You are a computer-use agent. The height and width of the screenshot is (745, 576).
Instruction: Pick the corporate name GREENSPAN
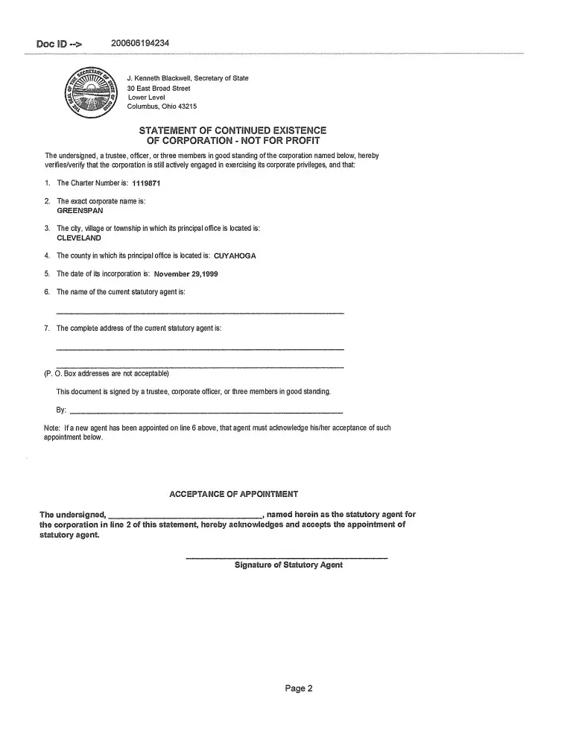pyautogui.click(x=80, y=211)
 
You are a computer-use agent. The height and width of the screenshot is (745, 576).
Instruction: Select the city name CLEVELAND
pyautogui.click(x=79, y=238)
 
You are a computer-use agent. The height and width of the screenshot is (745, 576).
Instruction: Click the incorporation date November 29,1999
pyautogui.click(x=186, y=273)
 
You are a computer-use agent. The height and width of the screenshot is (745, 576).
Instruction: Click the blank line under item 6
pyautogui.click(x=200, y=311)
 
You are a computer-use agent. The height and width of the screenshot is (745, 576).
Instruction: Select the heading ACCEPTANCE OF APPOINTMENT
pyautogui.click(x=234, y=494)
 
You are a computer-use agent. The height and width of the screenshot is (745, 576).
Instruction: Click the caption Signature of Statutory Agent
pyautogui.click(x=288, y=565)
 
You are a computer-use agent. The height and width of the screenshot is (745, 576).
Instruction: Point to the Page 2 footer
pyautogui.click(x=299, y=688)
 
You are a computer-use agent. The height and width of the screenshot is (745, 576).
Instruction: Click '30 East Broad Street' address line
pyautogui.click(x=159, y=88)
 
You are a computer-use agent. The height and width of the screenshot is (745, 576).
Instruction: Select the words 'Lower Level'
pyautogui.click(x=146, y=98)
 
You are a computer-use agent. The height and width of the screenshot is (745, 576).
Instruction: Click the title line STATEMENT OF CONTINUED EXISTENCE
pyautogui.click(x=232, y=130)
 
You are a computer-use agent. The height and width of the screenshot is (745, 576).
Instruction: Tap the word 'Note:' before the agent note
pyautogui.click(x=52, y=428)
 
